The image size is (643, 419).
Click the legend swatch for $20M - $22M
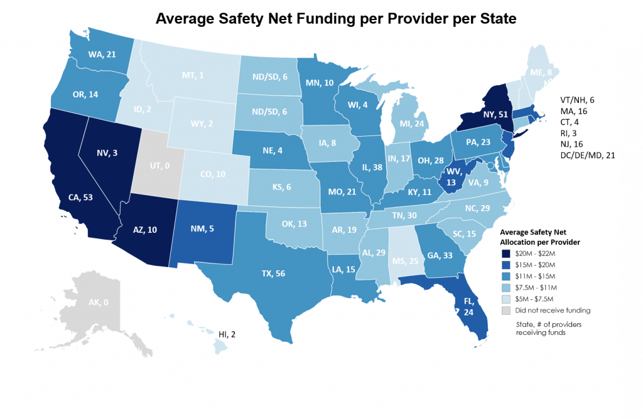[506, 253]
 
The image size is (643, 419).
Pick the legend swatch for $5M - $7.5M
[506, 298]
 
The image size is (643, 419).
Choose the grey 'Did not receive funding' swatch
[506, 309]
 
